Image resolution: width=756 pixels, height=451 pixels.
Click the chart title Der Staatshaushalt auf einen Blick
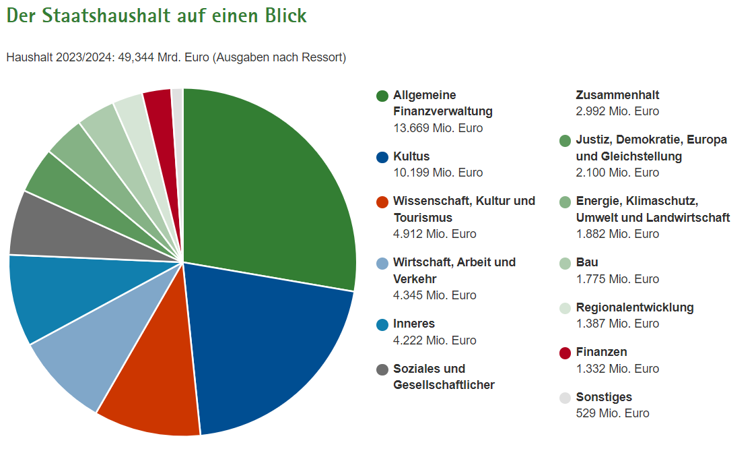[156, 16]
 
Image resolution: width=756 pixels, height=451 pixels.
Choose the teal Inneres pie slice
[54, 297]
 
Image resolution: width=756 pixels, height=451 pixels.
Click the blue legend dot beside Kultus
[382, 157]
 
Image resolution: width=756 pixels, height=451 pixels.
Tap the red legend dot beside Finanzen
[565, 353]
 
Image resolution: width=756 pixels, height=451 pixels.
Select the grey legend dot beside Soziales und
[382, 369]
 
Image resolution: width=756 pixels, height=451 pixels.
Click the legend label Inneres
[414, 324]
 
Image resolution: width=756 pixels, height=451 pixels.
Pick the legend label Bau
[587, 262]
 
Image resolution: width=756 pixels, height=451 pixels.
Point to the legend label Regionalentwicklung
[635, 307]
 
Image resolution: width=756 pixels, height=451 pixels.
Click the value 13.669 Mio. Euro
[438, 128]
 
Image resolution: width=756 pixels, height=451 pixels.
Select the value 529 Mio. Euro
[613, 413]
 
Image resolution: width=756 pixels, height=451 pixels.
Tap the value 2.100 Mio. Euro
[617, 173]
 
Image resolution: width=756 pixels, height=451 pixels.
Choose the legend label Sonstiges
[604, 397]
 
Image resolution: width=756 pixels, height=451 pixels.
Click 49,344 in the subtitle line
[137, 57]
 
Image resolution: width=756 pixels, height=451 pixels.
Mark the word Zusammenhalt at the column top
[617, 95]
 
